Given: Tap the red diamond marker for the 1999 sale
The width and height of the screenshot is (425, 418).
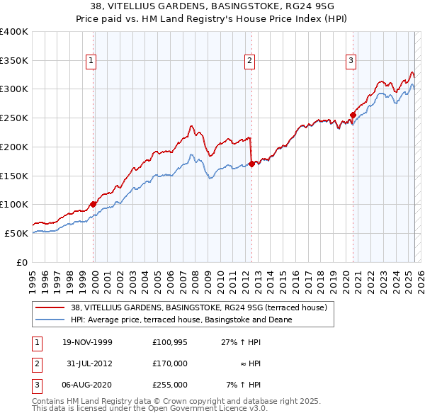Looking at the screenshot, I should click(x=93, y=204).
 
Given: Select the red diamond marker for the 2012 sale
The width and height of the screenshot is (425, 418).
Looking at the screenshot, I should click(x=251, y=164).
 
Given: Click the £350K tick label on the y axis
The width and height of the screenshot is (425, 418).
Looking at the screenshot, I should click(x=14, y=60).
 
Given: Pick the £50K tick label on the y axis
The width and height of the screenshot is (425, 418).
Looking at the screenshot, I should click(x=17, y=233).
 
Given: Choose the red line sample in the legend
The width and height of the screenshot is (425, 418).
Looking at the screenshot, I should click(x=50, y=308).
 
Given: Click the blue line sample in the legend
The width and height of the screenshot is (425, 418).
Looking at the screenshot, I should click(x=50, y=320).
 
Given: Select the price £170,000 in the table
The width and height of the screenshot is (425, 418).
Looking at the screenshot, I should click(x=170, y=363).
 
